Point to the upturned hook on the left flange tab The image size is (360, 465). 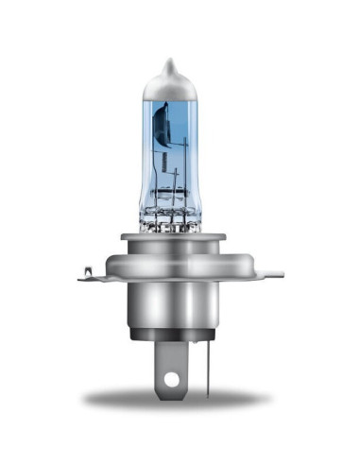pyautogui.click(x=84, y=273)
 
